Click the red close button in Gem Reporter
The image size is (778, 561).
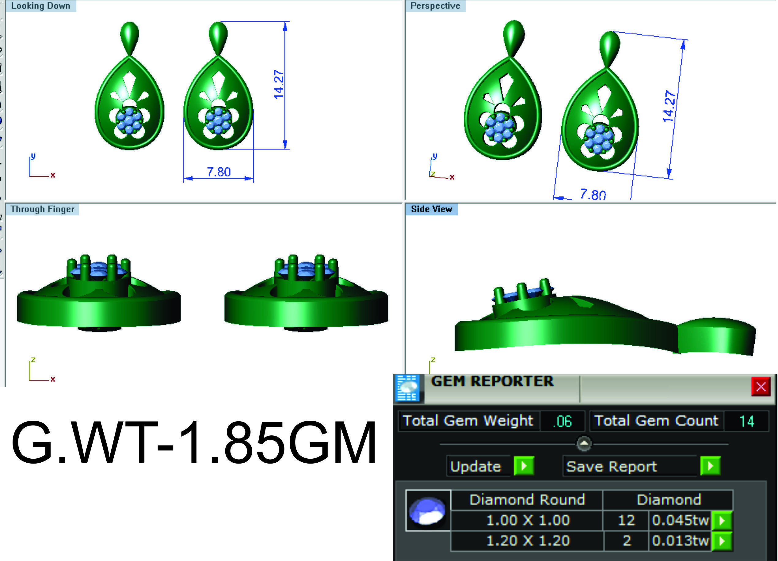point(761,387)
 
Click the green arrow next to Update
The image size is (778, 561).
point(524,466)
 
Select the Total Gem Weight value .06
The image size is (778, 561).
point(562,421)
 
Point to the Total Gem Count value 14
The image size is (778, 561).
point(746,421)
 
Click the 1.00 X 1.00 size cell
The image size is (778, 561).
point(528,521)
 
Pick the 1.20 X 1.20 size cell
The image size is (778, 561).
point(528,541)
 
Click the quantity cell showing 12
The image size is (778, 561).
point(626,521)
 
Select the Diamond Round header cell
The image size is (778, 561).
point(527,500)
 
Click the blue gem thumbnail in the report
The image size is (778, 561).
point(428,510)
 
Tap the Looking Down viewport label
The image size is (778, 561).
point(40,6)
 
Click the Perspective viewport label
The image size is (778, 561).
point(435,6)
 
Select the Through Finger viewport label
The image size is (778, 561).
point(42,209)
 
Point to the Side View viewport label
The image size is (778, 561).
point(431,209)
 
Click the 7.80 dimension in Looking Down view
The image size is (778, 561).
point(219,172)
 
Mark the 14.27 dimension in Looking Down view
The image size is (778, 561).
point(279,84)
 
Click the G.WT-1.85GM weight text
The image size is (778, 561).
point(194,442)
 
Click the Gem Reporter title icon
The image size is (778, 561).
point(407,388)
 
